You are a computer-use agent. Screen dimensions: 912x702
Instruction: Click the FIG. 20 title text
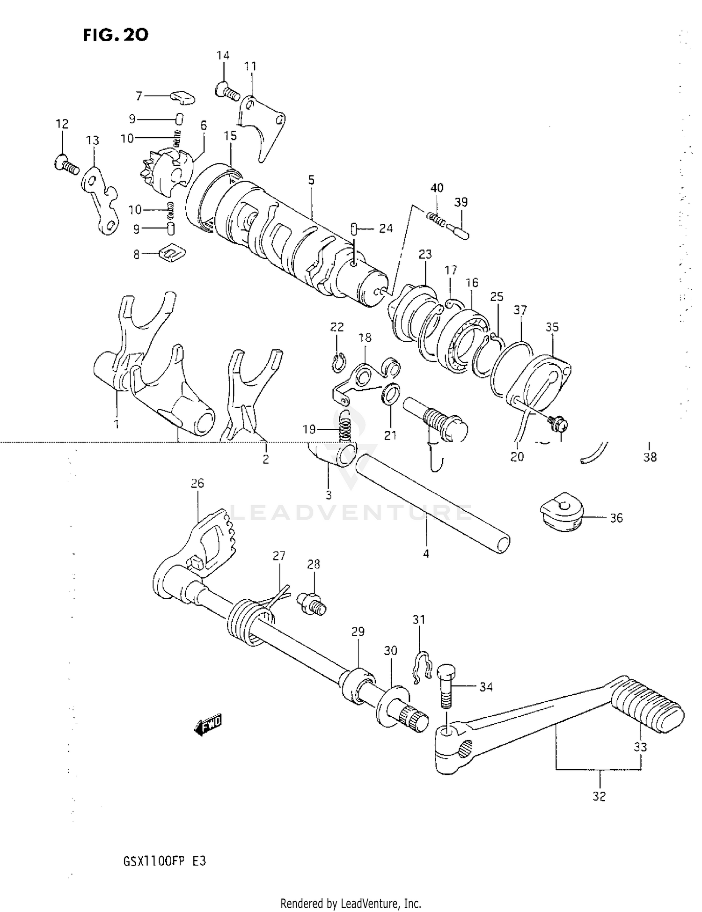(116, 35)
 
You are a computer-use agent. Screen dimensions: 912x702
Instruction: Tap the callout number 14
(223, 55)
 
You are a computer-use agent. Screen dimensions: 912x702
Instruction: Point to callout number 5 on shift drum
(311, 180)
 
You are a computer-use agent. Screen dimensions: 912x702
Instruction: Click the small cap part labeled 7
(182, 97)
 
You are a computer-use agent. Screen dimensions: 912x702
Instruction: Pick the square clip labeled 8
(172, 253)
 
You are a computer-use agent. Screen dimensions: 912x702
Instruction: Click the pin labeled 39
(457, 231)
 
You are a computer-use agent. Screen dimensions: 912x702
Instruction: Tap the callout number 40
(437, 188)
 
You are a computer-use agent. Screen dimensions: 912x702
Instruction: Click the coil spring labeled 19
(344, 425)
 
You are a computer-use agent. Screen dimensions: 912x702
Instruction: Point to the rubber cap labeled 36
(562, 511)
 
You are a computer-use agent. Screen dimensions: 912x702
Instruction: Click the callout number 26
(197, 483)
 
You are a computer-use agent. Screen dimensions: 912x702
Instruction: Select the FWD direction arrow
(208, 725)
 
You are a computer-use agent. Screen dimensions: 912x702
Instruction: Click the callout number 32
(599, 796)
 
